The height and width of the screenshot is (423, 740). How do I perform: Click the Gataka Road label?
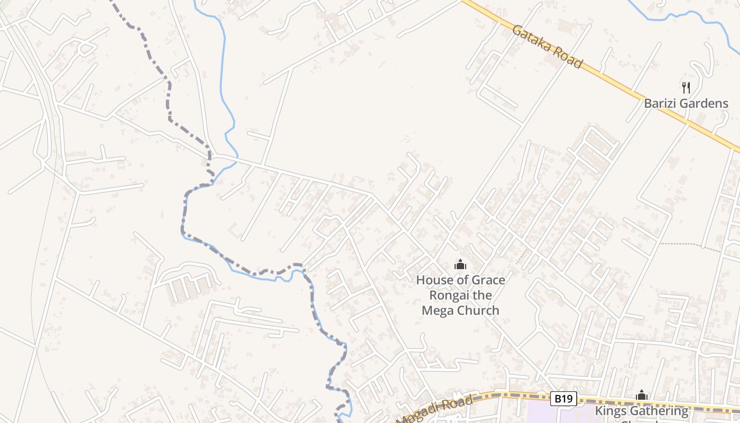coord(548,47)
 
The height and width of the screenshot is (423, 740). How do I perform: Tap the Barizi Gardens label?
coord(686,103)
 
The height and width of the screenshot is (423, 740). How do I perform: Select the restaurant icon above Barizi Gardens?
coord(686,87)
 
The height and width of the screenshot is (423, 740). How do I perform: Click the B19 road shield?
coord(563,398)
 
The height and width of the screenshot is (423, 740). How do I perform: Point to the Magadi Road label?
coord(434,410)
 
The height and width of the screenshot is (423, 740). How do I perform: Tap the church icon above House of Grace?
coord(460,264)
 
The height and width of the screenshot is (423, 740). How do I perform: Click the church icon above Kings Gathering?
coord(642,395)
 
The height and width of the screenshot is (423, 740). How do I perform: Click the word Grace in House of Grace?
coord(486,280)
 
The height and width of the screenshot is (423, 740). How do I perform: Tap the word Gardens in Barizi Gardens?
coord(705,103)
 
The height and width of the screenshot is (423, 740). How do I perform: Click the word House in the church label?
coord(433,280)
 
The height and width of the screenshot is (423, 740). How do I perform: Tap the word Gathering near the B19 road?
coord(660,411)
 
